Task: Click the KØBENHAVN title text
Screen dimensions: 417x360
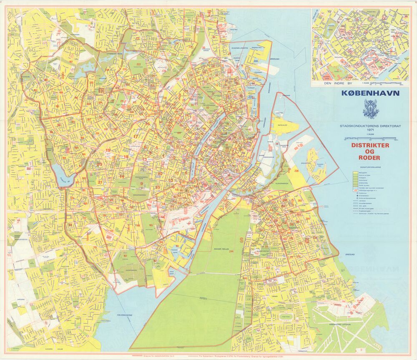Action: pyautogui.click(x=370, y=93)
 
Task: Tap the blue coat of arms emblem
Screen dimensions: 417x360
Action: pyautogui.click(x=370, y=110)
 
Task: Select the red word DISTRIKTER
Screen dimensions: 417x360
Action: pyautogui.click(x=370, y=146)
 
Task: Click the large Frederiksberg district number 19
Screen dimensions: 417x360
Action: pyautogui.click(x=108, y=151)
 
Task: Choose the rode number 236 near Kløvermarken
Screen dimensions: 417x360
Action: pyautogui.click(x=296, y=171)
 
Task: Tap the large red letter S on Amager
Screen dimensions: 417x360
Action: pyautogui.click(x=241, y=239)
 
